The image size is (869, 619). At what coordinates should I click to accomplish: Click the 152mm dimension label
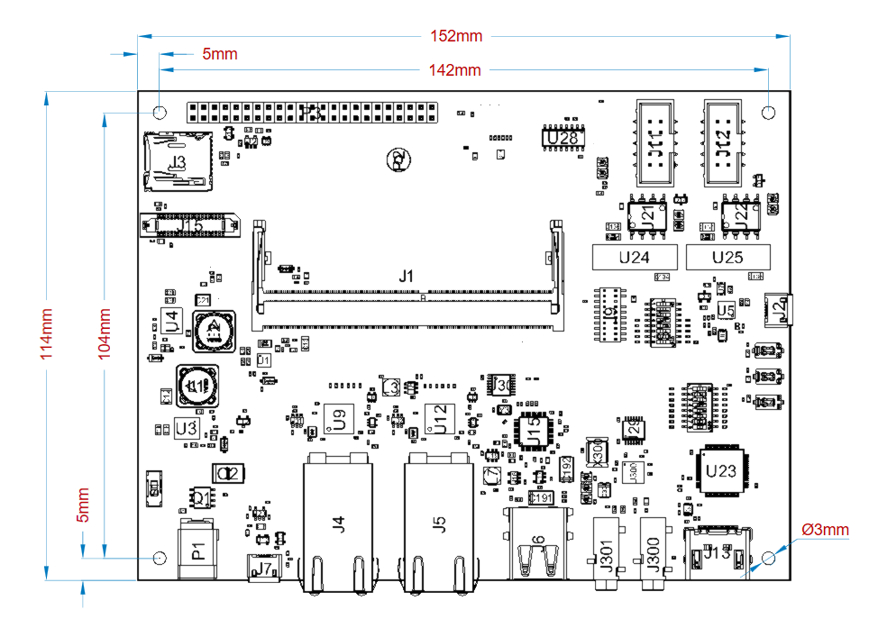[x=456, y=36]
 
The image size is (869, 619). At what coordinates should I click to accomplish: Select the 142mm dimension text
[x=455, y=69]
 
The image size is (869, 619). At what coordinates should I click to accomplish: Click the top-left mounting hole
[x=160, y=113]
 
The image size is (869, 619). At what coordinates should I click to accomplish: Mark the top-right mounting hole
[x=768, y=113]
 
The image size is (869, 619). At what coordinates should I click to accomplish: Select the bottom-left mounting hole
[x=160, y=558]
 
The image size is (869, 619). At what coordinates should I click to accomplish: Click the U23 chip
[x=721, y=470]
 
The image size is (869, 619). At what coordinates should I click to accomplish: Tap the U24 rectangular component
[x=635, y=258]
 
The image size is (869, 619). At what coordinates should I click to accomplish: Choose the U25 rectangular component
[x=727, y=258]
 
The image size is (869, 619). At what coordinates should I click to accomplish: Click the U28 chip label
[x=563, y=139]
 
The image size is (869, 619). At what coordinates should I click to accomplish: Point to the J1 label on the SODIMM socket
[x=407, y=277]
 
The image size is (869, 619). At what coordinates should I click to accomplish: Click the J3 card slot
[x=178, y=162]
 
